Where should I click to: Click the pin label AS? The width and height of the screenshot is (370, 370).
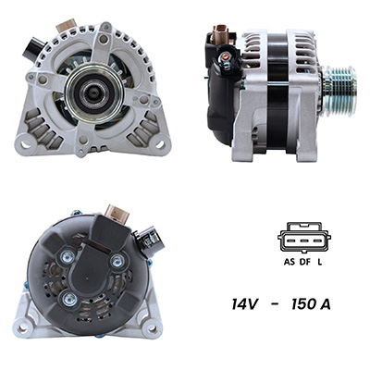coord(289,262)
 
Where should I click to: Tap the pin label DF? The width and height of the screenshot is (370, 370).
coord(304,262)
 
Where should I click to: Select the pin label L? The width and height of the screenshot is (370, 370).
coord(320,262)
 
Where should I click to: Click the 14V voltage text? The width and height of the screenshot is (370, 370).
coord(244,304)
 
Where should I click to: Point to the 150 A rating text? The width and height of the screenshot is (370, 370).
coord(311,304)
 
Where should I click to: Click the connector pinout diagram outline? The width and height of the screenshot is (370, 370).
coord(304,238)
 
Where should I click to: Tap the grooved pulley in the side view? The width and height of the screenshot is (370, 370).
coord(339,92)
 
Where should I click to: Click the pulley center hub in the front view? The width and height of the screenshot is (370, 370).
coord(94,92)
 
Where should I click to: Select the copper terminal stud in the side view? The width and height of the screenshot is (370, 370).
coord(226,56)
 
